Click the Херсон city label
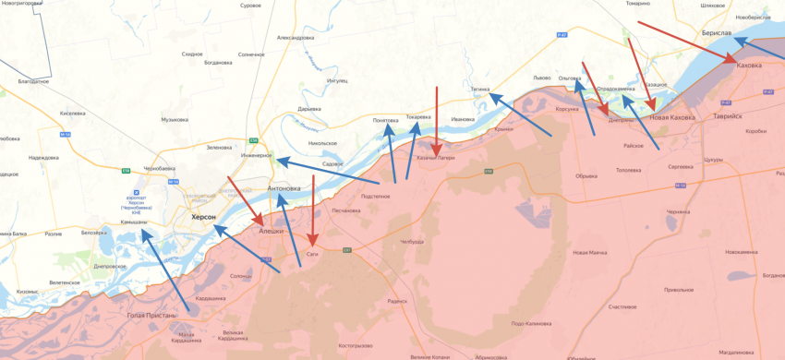pyautogui.click(x=202, y=216)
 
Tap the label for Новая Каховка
pyautogui.click(x=671, y=117)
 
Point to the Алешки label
pyautogui.click(x=272, y=231)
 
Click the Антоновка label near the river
pyautogui.click(x=284, y=189)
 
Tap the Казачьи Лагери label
pyautogui.click(x=435, y=158)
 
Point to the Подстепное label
pyautogui.click(x=375, y=196)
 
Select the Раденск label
pyautogui.click(x=398, y=301)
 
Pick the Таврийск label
pyautogui.click(x=727, y=116)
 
